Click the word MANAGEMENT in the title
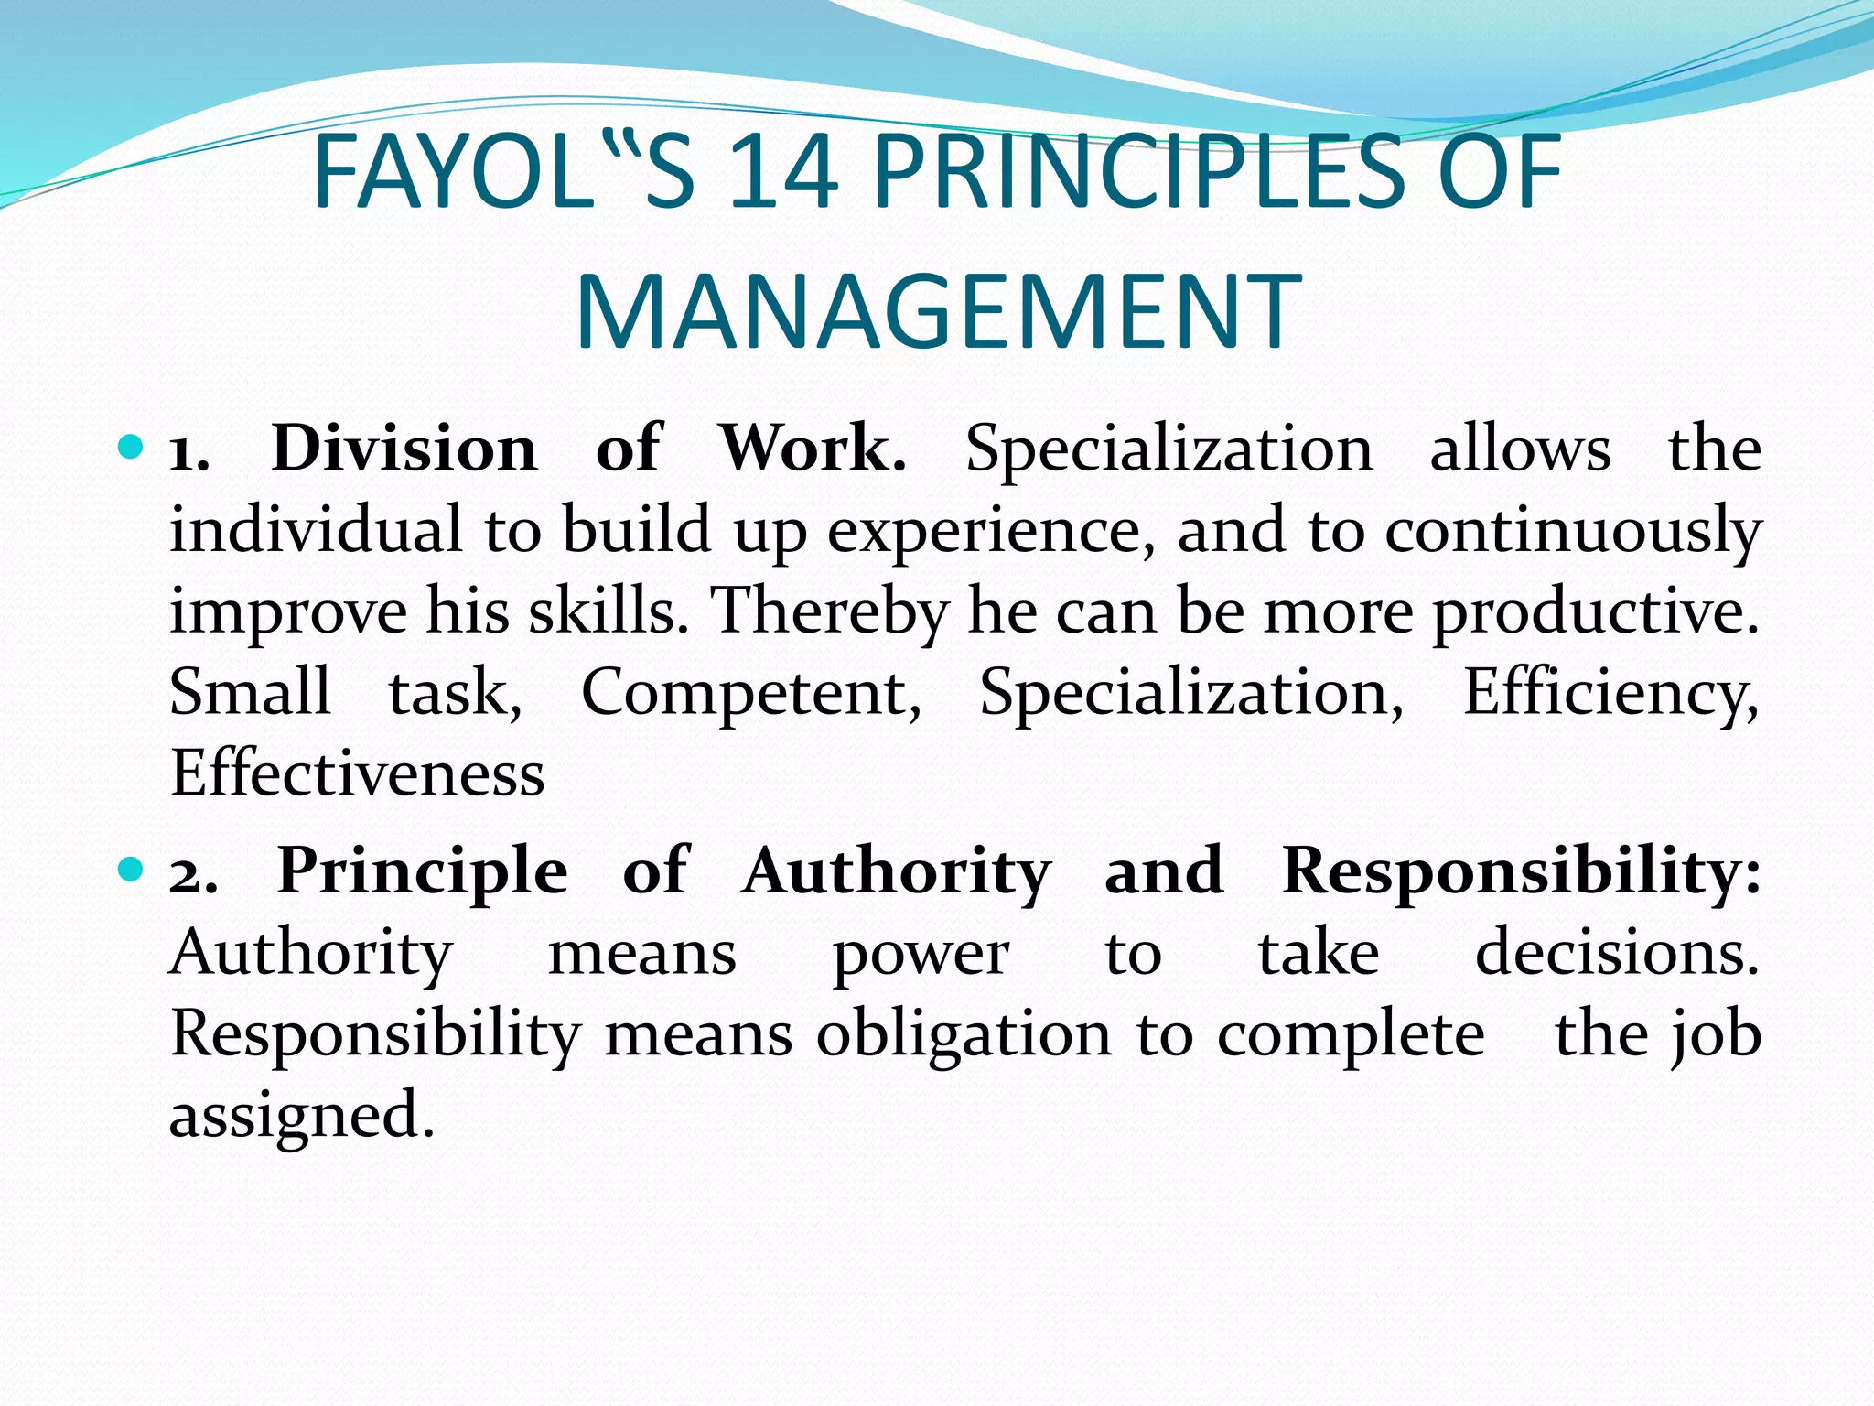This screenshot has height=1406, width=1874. pyautogui.click(x=938, y=311)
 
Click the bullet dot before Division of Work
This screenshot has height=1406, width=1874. pyautogui.click(x=132, y=449)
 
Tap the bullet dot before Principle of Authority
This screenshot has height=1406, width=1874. pyautogui.click(x=132, y=870)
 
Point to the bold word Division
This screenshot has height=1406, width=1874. pyautogui.click(x=404, y=449)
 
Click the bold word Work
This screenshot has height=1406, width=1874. pyautogui.click(x=813, y=449)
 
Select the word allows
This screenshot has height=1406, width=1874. pyautogui.click(x=1520, y=449)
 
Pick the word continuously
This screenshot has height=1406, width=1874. pyautogui.click(x=1573, y=531)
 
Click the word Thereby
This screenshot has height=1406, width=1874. pyautogui.click(x=830, y=611)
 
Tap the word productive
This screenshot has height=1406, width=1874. pyautogui.click(x=1595, y=611)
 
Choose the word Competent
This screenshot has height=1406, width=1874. pyautogui.click(x=750, y=692)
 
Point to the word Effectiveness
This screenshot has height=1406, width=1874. pyautogui.click(x=357, y=773)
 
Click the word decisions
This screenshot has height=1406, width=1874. pyautogui.click(x=1617, y=953)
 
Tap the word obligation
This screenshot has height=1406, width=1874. pyautogui.click(x=963, y=1035)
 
